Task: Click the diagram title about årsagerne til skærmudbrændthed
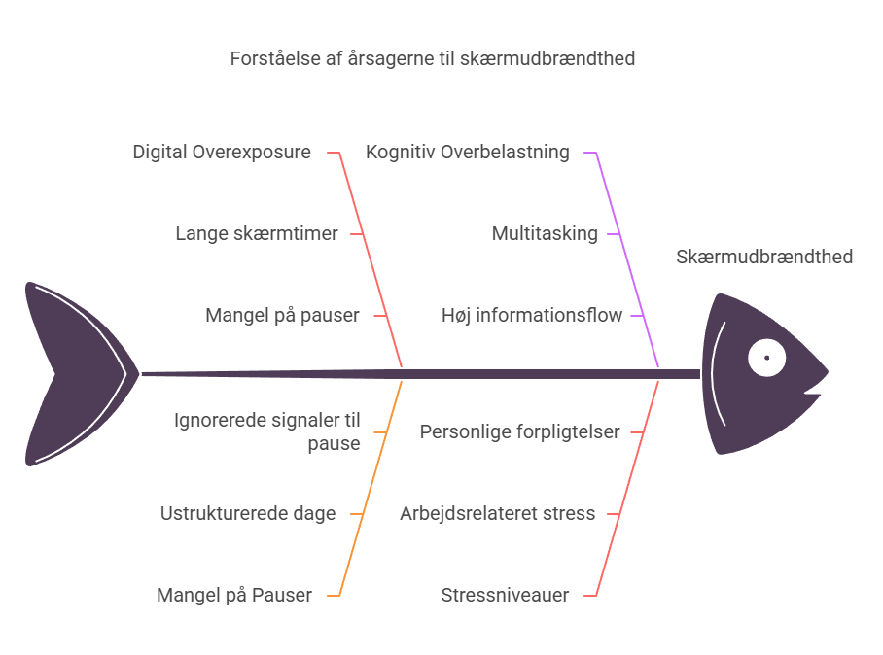coord(433,59)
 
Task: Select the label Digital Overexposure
coord(222,153)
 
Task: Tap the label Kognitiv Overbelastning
coord(468,153)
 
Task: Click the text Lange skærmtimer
coord(257,234)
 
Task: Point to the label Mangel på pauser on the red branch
coord(282,316)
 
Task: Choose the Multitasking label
coord(545,234)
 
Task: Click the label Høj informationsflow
coord(532,316)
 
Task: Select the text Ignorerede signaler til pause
coord(266,431)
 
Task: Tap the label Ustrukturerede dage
coord(248,513)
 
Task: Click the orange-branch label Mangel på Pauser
coord(234,595)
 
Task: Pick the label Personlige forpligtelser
coord(519,431)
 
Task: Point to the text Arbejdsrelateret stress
coord(497,513)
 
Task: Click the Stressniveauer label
coord(505,595)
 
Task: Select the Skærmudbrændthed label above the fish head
coord(763,257)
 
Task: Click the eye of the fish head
coord(766,358)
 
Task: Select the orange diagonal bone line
coord(370,486)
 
